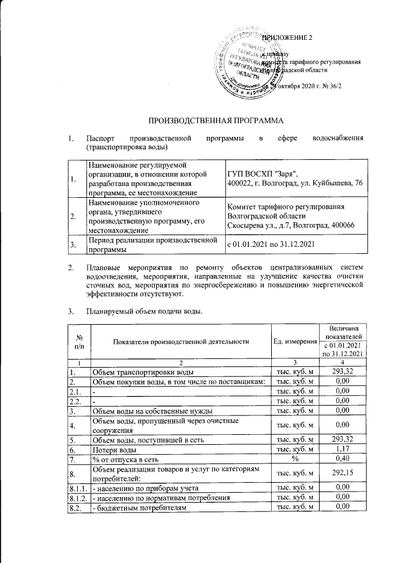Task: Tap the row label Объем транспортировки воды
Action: [144, 372]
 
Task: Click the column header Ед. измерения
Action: [295, 341]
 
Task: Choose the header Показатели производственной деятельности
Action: [180, 341]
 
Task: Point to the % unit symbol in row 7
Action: [295, 460]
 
